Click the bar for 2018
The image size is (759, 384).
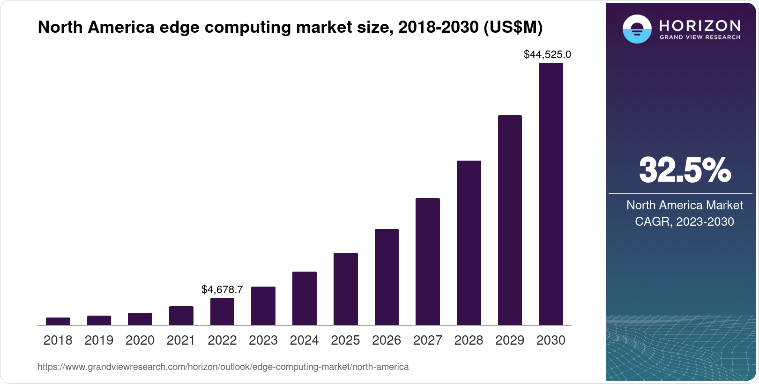[58, 321]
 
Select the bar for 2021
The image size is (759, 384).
[181, 316]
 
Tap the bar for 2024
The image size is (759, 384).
[305, 298]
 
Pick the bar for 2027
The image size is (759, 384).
[428, 261]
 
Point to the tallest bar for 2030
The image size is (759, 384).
[551, 194]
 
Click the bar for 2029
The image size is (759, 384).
[510, 220]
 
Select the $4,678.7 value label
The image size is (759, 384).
[222, 289]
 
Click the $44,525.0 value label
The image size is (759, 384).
[547, 55]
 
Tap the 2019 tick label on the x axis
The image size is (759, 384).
[99, 340]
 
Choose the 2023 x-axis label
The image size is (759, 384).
[263, 340]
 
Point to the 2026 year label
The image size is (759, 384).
[387, 340]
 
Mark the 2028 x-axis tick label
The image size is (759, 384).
[469, 340]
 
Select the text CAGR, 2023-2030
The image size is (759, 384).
[684, 222]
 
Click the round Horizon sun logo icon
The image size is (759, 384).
[637, 29]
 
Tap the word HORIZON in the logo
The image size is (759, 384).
[699, 25]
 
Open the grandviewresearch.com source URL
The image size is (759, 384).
[223, 367]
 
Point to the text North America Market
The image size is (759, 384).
[685, 205]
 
